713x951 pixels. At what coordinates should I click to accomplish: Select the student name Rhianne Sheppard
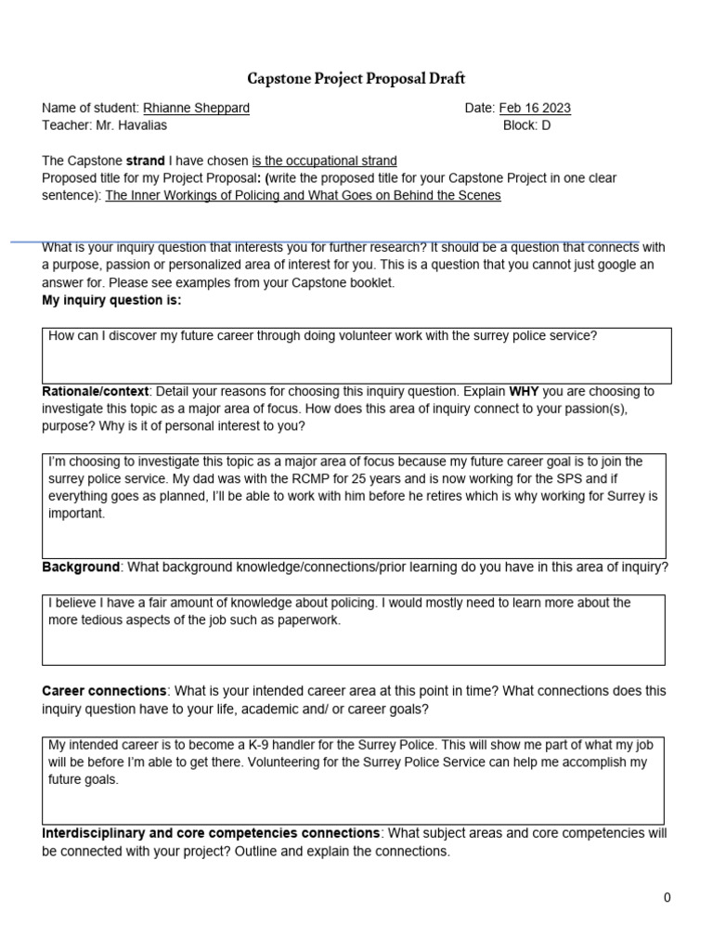(196, 108)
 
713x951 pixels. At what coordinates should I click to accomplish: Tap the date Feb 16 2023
(535, 108)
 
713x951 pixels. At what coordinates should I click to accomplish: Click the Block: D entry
(526, 125)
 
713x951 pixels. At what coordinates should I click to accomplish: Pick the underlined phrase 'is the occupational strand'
(324, 161)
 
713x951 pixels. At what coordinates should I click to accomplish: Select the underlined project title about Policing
(303, 195)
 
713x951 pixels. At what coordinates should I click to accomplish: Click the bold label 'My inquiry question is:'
(112, 300)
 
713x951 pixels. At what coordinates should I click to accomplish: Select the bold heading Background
(81, 567)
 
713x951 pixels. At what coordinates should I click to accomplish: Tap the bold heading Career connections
(105, 691)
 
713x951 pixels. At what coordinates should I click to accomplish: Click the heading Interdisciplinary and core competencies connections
(211, 833)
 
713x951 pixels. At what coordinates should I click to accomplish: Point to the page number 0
(667, 897)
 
